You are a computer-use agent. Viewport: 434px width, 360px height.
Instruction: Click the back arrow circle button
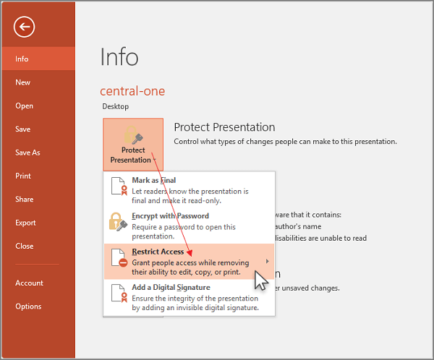click(x=24, y=27)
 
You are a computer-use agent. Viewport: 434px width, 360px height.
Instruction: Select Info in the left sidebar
click(x=22, y=59)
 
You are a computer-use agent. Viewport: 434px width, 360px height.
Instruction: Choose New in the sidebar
click(x=23, y=82)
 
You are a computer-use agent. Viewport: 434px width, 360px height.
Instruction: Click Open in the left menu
click(x=25, y=106)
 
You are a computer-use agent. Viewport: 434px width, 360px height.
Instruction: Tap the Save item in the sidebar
click(x=23, y=129)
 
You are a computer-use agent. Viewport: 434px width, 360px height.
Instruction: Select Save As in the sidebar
click(x=27, y=153)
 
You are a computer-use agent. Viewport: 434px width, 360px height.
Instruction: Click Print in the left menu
click(x=23, y=176)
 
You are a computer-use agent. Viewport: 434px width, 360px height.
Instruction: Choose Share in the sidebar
click(x=25, y=200)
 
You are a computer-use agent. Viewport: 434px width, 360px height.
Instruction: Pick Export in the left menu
click(x=25, y=223)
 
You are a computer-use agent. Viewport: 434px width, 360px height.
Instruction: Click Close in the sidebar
click(x=25, y=246)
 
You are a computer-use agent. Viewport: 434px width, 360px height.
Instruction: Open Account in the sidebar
click(x=29, y=283)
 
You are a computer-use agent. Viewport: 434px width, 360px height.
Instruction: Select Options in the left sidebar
click(x=28, y=307)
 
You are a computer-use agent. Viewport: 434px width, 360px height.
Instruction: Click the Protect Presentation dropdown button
click(x=133, y=145)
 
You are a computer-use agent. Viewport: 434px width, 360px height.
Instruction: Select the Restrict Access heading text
click(x=158, y=252)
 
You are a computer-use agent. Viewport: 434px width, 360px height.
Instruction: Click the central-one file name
click(x=132, y=91)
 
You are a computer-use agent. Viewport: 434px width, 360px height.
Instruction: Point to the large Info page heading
click(x=119, y=57)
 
